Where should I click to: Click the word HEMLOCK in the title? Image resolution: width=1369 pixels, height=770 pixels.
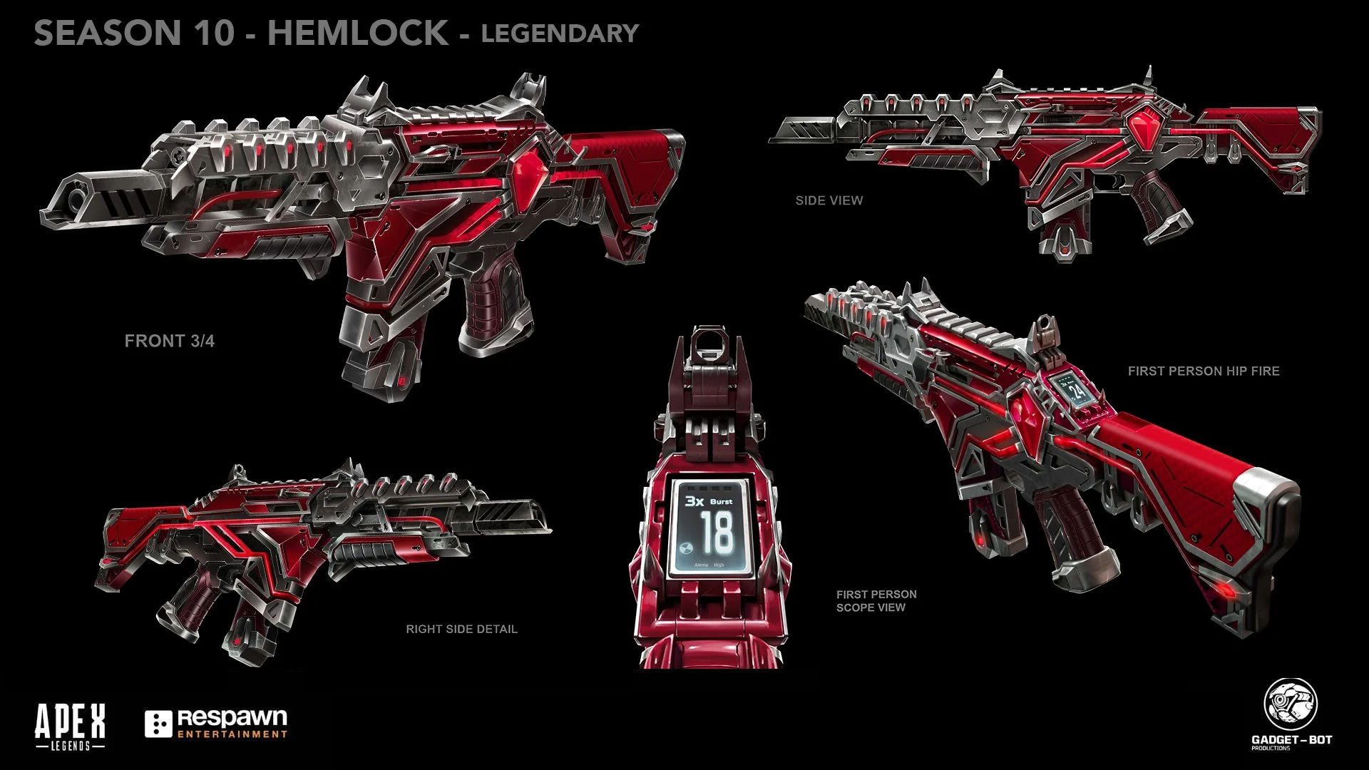pos(358,34)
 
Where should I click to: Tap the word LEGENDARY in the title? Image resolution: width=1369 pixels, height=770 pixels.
pos(560,34)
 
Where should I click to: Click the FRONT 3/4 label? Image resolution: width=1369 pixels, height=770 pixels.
pos(170,341)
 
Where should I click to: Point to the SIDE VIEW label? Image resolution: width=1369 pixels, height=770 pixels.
pos(829,201)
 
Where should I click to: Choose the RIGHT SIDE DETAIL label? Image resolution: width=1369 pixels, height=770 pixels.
pos(461,629)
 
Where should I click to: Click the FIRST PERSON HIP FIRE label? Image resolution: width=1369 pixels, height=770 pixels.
pos(1204,371)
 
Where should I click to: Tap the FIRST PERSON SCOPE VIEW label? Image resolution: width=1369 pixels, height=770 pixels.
pos(876,601)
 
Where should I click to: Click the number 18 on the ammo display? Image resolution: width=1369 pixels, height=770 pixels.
pos(716,532)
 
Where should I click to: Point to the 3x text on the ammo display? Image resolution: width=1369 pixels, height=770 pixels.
pos(694,500)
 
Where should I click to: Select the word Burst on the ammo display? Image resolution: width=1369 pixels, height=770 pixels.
pos(721,502)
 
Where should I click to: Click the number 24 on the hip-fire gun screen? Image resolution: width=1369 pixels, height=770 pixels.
pos(1078,390)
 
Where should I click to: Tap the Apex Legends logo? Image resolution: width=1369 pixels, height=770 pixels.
pos(71,726)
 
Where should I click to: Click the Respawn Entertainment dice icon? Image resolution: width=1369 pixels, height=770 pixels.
pos(158,724)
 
